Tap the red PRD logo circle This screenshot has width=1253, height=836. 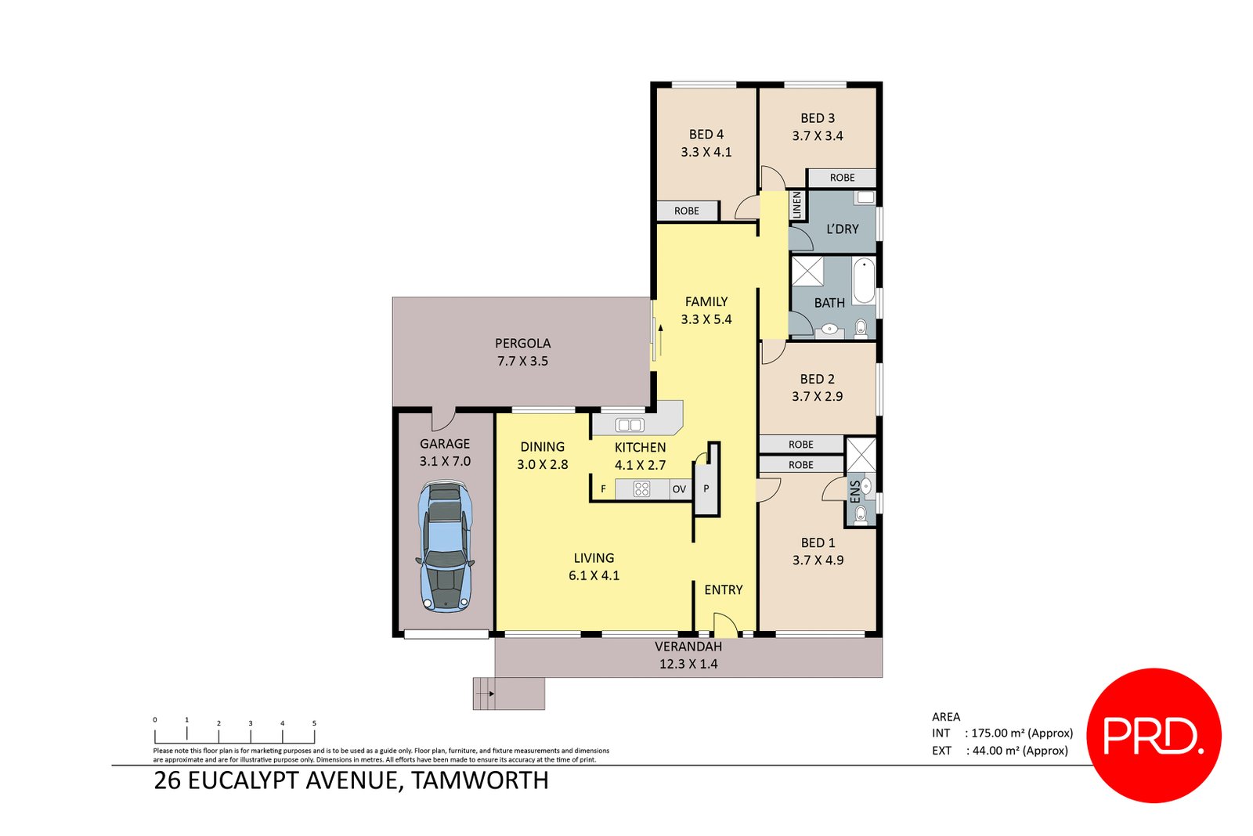coord(1154,735)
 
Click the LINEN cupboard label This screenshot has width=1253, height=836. coord(797,205)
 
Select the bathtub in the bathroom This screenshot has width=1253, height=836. coord(863,280)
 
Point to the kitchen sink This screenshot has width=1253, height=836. coord(630,425)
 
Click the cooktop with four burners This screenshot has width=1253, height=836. coord(641,489)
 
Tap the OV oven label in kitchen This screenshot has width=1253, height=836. coord(679,489)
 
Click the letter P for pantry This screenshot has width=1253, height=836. coord(706,488)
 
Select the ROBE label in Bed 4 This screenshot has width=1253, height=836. coord(687,211)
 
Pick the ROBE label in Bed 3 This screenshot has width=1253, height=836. coord(842,178)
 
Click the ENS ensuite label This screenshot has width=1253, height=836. coord(854,492)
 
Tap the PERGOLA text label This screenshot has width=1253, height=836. coord(522,343)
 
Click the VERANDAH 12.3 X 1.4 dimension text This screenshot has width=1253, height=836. coord(688,664)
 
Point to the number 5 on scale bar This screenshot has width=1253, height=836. coord(314,723)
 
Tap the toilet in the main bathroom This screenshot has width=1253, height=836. coord(861,326)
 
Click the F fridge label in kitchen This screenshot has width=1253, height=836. coord(603,489)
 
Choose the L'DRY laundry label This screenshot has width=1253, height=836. coord(843,229)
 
